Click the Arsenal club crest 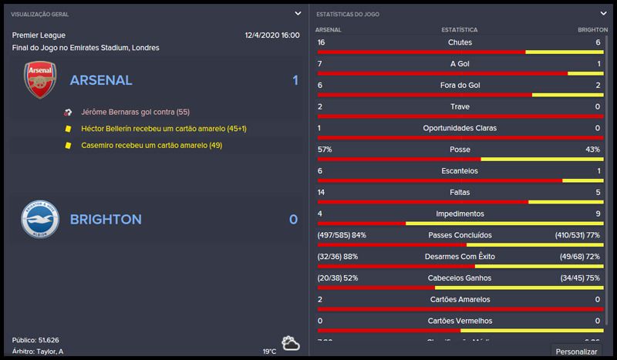tap(40, 80)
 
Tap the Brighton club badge tap(40, 219)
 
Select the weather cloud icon tap(291, 342)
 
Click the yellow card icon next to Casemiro tap(68, 145)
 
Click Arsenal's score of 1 tap(295, 80)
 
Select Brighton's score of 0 tap(293, 220)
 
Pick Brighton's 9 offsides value tap(597, 214)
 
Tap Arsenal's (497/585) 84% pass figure tap(342, 234)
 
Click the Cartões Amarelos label tap(460, 299)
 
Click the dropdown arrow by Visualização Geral tap(298, 13)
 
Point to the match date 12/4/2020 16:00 tap(271, 35)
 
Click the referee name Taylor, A tap(50, 351)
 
